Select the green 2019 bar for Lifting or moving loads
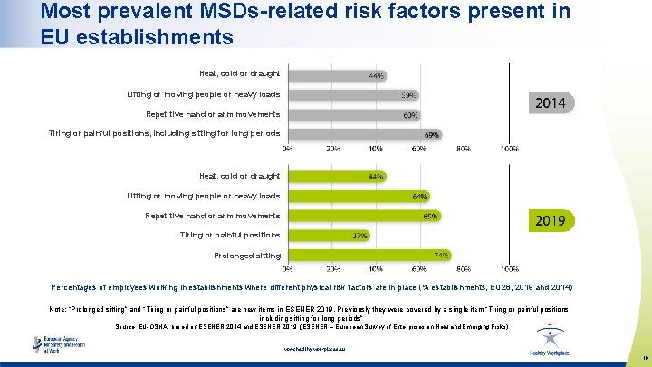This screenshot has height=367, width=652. (x=358, y=196)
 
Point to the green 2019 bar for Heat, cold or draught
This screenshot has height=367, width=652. (x=335, y=176)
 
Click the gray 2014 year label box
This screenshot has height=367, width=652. (x=551, y=103)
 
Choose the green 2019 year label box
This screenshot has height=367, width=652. (x=551, y=220)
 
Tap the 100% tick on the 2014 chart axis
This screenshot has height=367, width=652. (x=509, y=148)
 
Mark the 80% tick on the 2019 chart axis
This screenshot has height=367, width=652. (x=464, y=269)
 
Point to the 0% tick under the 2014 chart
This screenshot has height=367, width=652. (x=288, y=148)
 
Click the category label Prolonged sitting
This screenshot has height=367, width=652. (x=247, y=256)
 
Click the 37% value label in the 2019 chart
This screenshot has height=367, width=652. (x=360, y=236)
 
